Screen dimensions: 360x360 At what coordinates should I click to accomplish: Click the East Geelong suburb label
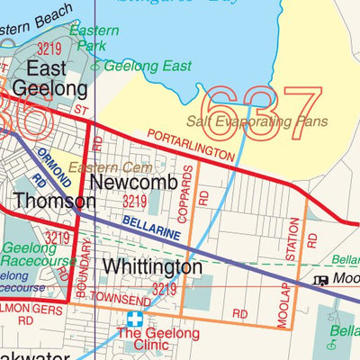[x=56, y=79]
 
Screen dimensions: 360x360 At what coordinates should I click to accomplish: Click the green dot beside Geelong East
[x=100, y=65]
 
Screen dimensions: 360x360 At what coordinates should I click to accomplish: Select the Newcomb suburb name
[x=134, y=181]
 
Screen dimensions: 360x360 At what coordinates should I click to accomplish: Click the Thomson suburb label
[x=49, y=200]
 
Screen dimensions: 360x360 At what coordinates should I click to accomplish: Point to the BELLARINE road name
[x=151, y=226]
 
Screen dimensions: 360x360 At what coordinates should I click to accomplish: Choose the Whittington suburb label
[x=152, y=267]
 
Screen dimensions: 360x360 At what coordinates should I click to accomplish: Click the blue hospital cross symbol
[x=135, y=319]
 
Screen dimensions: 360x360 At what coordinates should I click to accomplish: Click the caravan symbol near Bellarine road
[x=319, y=280]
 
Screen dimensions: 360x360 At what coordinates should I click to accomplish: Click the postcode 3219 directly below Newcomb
[x=134, y=202]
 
